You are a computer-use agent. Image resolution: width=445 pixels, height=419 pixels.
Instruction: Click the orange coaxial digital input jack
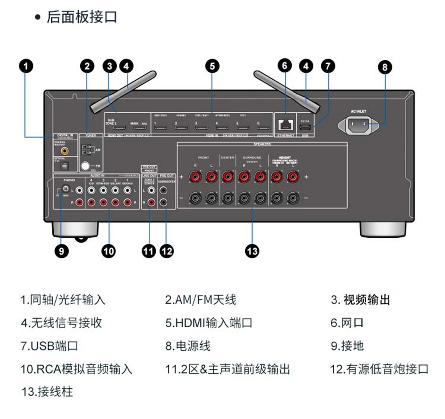pyautogui.click(x=65, y=150)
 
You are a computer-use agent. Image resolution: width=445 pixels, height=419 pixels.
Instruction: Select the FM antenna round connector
pyautogui.click(x=85, y=165)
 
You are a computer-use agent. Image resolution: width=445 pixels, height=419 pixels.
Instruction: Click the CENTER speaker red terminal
pyautogui.click(x=228, y=177)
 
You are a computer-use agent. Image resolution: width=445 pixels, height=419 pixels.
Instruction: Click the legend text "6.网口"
pyautogui.click(x=347, y=323)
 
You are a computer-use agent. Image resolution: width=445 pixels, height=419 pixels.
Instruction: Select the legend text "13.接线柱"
pyautogui.click(x=47, y=392)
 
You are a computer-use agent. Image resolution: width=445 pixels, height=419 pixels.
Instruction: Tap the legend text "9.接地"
pyautogui.click(x=347, y=346)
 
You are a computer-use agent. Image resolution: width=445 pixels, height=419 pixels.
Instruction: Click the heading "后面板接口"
pyautogui.click(x=82, y=17)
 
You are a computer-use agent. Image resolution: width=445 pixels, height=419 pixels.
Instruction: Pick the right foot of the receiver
pyautogui.click(x=382, y=228)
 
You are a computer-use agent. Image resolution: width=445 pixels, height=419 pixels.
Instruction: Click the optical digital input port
pyautogui.click(x=65, y=165)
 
